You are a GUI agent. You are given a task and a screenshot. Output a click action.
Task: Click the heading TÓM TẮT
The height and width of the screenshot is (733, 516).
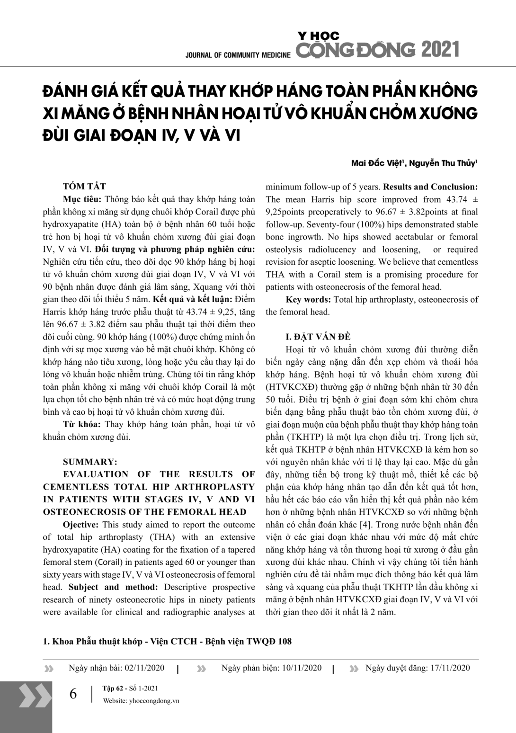tap(84, 187)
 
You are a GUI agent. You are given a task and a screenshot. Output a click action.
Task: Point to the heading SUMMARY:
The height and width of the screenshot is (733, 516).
tap(90, 462)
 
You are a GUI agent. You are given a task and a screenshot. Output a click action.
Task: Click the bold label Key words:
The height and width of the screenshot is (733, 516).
tap(308, 299)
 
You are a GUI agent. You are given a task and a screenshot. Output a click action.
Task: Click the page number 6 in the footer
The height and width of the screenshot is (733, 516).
tap(73, 694)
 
